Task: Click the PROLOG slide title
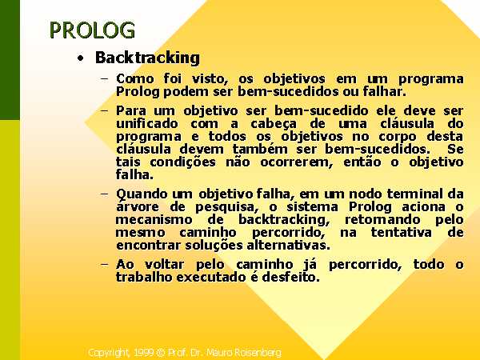92,30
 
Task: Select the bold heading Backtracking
147,58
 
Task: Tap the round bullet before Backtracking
81,58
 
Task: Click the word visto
210,78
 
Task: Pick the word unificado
147,123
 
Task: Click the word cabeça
274,124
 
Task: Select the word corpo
398,137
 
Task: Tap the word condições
182,162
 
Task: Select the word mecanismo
154,219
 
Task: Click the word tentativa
402,232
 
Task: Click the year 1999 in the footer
144,353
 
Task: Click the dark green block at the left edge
10,60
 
